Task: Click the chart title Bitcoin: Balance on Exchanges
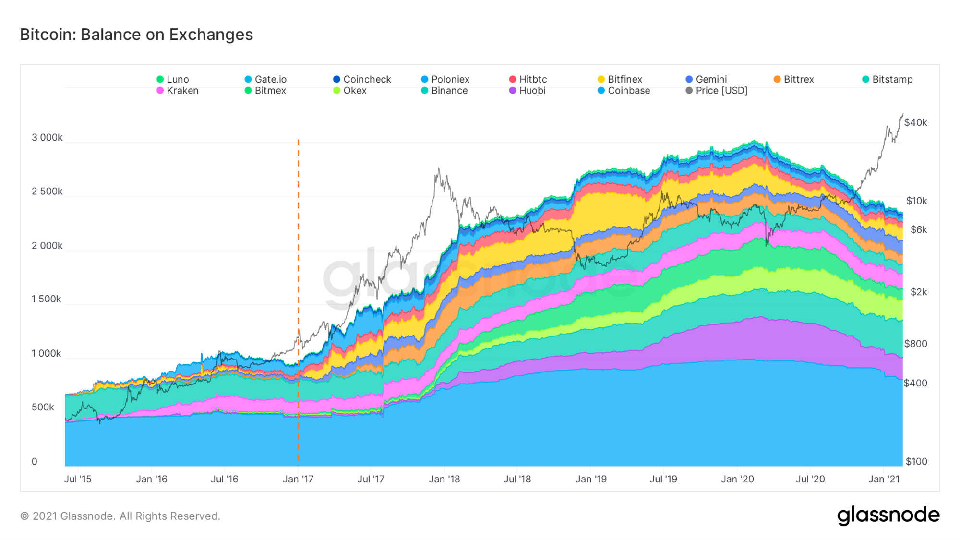(136, 35)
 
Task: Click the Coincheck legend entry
(362, 79)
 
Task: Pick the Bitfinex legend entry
(620, 79)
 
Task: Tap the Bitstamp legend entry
(888, 79)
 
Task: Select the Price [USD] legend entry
(717, 91)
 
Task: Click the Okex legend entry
(350, 91)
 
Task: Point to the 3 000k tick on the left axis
(47, 138)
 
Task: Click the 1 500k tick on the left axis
(47, 299)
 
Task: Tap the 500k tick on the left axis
(43, 407)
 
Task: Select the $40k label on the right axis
(915, 122)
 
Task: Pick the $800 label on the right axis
(915, 344)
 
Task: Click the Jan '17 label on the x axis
(298, 479)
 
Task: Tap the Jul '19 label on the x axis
(663, 479)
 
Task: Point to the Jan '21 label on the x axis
(884, 479)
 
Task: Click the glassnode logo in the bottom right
(888, 516)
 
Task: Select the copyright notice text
(120, 516)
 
